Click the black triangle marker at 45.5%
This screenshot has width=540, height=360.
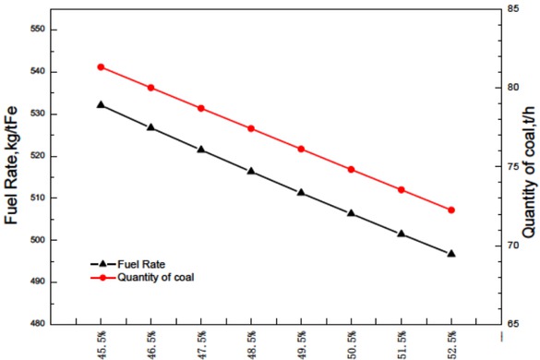click(101, 105)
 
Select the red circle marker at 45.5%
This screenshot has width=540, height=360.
click(101, 67)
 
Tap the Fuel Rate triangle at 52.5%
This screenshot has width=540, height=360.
click(451, 253)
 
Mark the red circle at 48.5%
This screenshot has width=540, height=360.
click(251, 128)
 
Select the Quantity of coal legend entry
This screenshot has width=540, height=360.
click(160, 276)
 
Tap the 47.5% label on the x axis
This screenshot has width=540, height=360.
click(202, 340)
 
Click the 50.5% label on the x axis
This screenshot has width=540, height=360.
click(352, 340)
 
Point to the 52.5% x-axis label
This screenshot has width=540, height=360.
click(451, 340)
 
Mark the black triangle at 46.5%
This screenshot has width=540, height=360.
click(150, 127)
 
